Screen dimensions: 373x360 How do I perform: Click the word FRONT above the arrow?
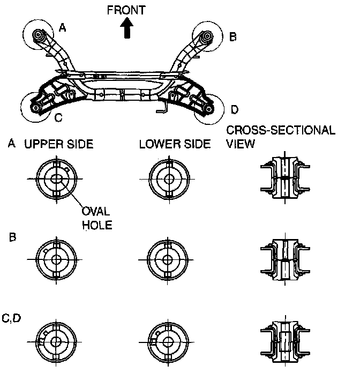click(x=126, y=10)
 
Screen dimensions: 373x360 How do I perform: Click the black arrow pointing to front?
click(x=127, y=28)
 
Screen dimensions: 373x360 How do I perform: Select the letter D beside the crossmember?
click(x=234, y=110)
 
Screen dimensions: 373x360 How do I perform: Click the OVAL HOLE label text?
click(x=97, y=218)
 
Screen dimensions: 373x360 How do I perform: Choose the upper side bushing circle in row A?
click(x=57, y=178)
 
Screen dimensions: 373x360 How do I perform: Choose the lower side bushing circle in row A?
click(x=169, y=178)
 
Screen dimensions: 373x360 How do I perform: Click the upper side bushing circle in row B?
click(x=57, y=259)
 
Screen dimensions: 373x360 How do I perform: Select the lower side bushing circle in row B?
click(x=169, y=259)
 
